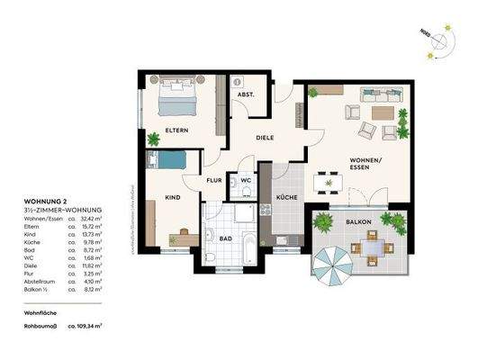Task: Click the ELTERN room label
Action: (x=176, y=131)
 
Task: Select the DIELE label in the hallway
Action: (x=264, y=138)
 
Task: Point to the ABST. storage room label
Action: (x=245, y=94)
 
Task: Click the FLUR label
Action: (x=214, y=181)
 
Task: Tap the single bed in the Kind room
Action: (x=170, y=160)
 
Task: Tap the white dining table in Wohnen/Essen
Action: (x=327, y=184)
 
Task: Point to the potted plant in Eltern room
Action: (x=152, y=139)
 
